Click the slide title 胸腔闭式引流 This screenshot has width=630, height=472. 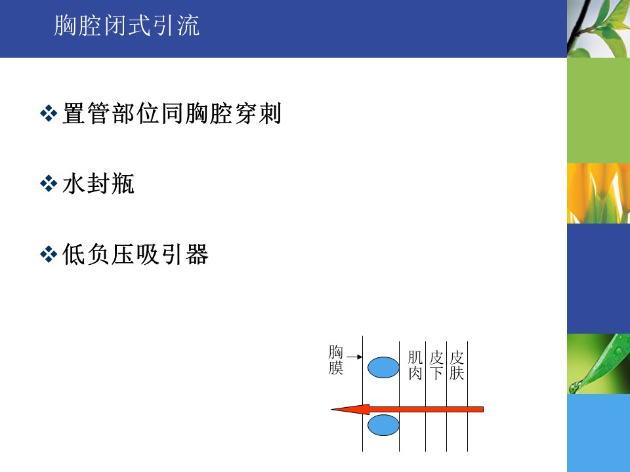click(x=127, y=26)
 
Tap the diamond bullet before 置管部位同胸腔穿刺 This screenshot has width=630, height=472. click(x=49, y=113)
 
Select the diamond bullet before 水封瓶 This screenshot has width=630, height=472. click(x=49, y=184)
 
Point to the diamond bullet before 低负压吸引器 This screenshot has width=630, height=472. click(x=49, y=254)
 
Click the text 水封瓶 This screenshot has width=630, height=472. click(x=98, y=184)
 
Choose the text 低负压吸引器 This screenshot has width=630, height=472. click(x=135, y=254)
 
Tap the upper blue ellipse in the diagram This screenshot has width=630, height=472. click(x=383, y=367)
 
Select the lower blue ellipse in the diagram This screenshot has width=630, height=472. click(x=383, y=425)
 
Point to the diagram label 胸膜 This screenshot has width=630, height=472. click(x=336, y=360)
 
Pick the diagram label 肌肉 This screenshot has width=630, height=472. click(x=415, y=365)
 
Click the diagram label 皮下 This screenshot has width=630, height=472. click(x=436, y=365)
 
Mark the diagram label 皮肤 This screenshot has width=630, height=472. click(x=457, y=365)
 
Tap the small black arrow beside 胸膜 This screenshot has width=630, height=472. click(x=354, y=357)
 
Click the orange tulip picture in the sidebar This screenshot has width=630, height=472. click(x=598, y=193)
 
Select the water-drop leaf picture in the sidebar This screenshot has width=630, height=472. click(x=598, y=364)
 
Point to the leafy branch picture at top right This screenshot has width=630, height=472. click(x=598, y=28)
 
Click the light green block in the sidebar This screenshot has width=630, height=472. click(x=598, y=110)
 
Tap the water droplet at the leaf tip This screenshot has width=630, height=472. click(x=575, y=387)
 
